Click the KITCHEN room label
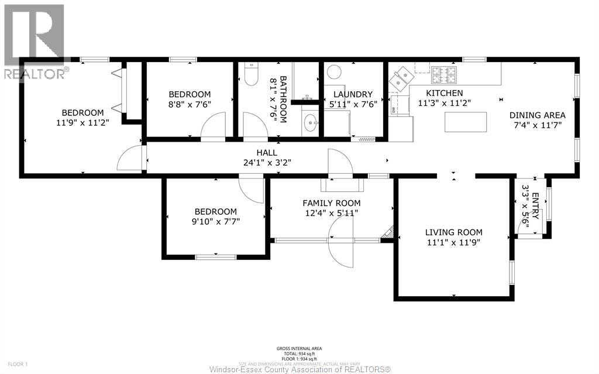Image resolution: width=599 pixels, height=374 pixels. point(444,93)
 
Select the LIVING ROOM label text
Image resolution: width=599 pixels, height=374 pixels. point(453,232)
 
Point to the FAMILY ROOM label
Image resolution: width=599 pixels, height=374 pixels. point(331,203)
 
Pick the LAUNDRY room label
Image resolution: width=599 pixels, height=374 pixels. point(353,94)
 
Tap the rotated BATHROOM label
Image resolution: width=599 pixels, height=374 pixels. point(283,99)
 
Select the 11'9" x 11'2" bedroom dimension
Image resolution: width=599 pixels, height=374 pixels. point(82,123)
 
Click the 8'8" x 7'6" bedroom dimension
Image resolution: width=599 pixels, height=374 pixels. point(190,105)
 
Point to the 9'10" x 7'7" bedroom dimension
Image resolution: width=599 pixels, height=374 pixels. point(215,221)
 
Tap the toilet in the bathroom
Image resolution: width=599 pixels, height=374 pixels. point(252,75)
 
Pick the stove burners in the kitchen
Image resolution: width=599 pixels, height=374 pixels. point(443,74)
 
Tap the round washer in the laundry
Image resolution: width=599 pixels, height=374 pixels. point(334,73)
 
